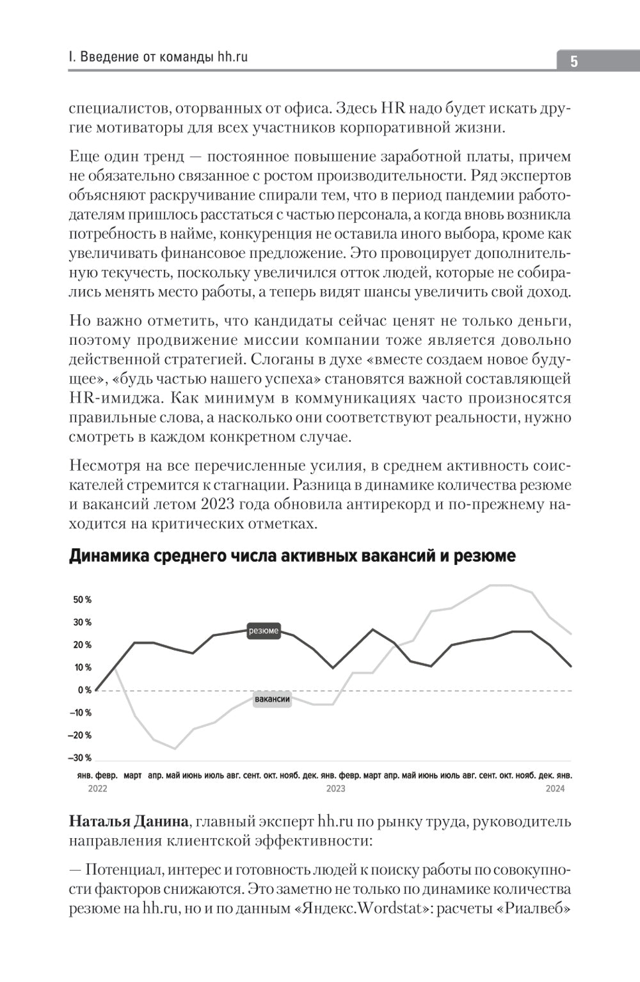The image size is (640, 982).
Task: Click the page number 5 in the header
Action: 574,62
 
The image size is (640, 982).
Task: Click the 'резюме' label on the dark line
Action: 264,631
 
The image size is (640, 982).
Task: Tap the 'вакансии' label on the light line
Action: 272,699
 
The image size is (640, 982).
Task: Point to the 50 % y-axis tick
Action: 83,600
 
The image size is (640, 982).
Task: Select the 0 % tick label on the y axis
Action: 84,690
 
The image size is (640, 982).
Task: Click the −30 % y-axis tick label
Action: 79,758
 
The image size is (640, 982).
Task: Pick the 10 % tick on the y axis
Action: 83,668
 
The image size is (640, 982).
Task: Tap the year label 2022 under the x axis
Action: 97,789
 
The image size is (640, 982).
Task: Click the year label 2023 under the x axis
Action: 335,789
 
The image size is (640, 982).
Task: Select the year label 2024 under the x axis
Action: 555,789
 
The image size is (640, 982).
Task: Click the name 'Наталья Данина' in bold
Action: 127,821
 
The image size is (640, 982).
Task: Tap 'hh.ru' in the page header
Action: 232,57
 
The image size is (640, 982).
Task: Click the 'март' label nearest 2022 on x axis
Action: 132,775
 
